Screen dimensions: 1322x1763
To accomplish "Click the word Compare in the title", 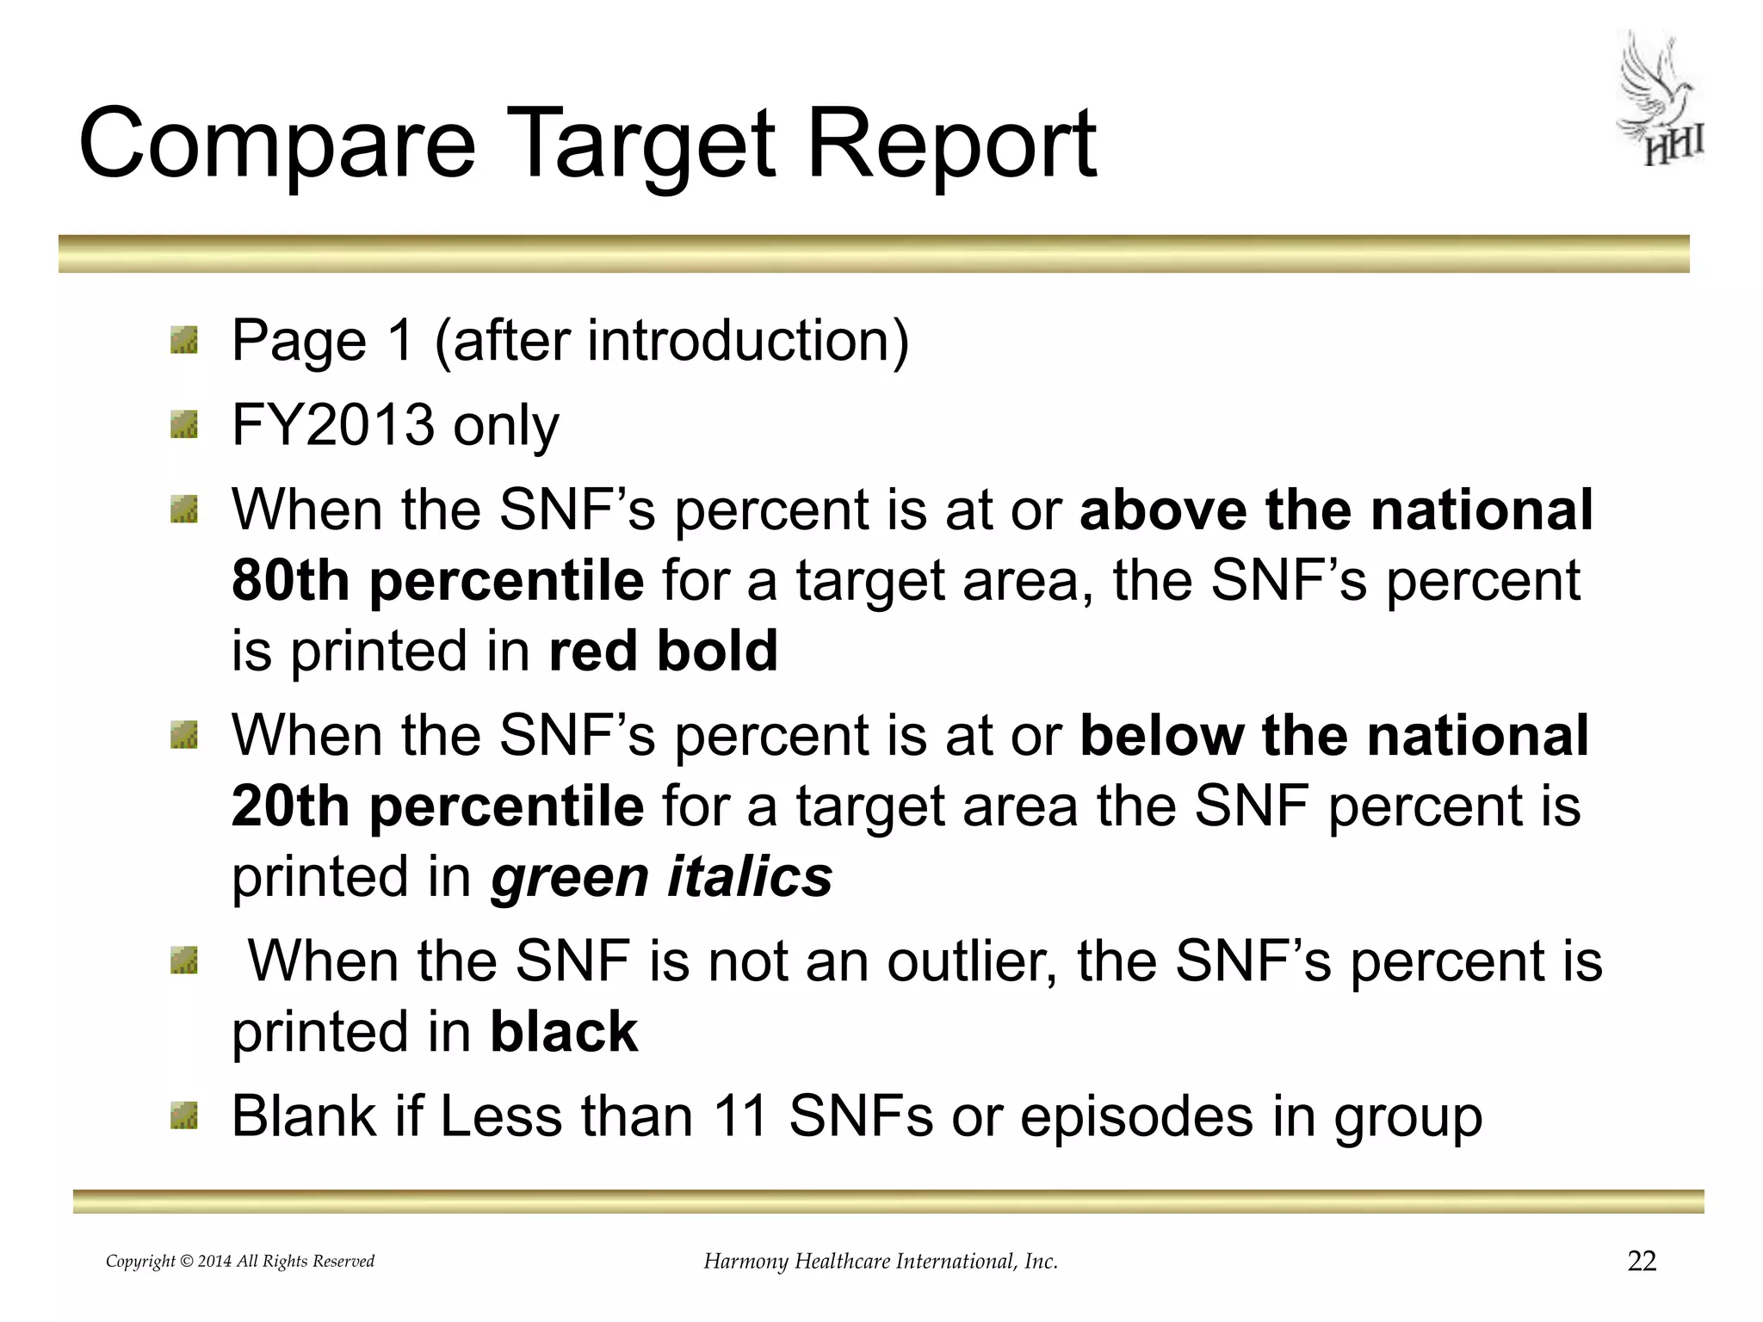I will (x=276, y=144).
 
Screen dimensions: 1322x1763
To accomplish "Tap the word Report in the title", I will (x=950, y=144).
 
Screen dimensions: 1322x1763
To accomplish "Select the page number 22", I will (x=1642, y=1261).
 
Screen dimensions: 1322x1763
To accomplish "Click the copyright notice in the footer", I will (x=240, y=1261).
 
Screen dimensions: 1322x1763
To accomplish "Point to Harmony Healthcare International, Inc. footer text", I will (x=881, y=1261).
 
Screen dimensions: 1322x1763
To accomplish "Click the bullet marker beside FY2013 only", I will (x=184, y=424).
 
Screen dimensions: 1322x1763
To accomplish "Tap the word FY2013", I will (x=333, y=424).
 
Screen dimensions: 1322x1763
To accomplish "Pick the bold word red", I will (x=592, y=650).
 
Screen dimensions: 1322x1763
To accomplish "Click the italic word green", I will (x=569, y=877).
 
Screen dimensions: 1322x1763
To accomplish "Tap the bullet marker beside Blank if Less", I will (x=184, y=1116).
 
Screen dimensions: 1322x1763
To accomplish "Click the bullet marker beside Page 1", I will (x=184, y=340).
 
